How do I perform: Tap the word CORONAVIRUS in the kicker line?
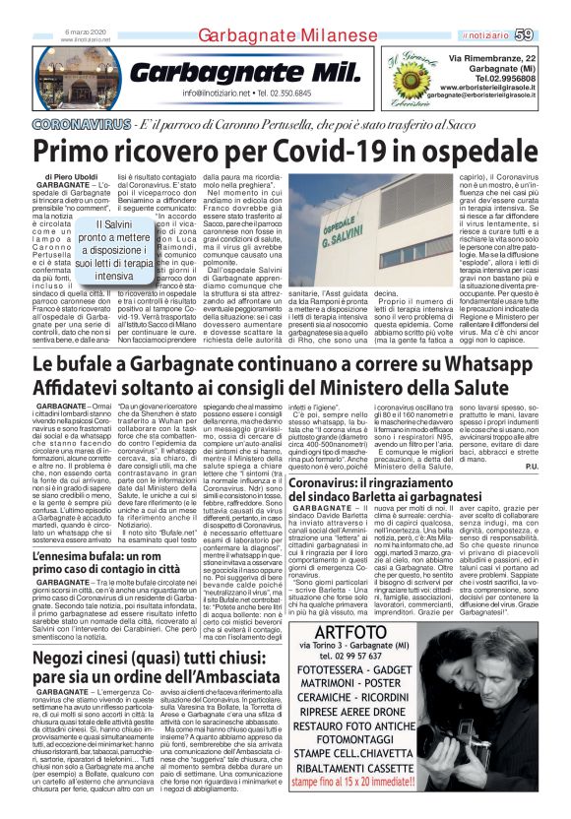pyautogui.click(x=81, y=126)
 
